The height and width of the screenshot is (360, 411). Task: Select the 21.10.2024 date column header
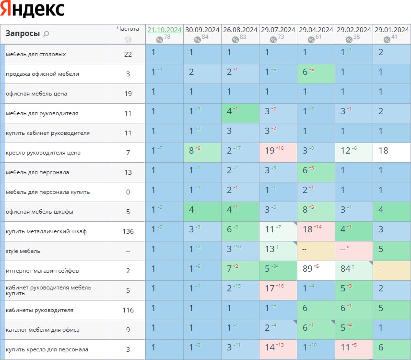[164, 30]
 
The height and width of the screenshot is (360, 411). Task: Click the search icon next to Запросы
[47, 34]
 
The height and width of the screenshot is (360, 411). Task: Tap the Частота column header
[128, 28]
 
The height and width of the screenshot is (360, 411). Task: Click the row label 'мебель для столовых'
[36, 54]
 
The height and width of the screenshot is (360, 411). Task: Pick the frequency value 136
[128, 231]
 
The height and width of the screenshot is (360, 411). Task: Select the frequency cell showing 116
[128, 310]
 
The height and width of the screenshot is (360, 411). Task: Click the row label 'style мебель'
[23, 251]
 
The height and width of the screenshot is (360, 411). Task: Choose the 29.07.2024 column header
[278, 30]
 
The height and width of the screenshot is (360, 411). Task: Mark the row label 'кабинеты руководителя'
[39, 310]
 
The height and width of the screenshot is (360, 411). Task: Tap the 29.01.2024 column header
[392, 30]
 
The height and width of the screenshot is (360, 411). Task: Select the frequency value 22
[128, 54]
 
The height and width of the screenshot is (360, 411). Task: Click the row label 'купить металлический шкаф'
[46, 231]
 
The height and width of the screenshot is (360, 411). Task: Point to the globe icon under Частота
[128, 40]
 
